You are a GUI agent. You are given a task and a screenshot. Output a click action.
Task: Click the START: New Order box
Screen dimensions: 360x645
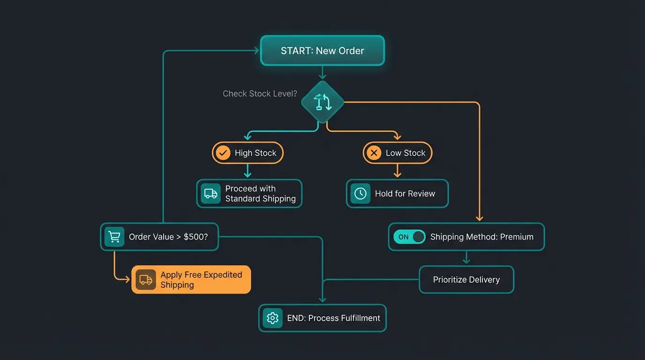click(322, 51)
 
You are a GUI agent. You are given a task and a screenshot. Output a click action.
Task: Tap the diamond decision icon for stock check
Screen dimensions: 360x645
click(322, 102)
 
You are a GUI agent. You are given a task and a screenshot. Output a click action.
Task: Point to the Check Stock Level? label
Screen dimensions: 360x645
click(260, 94)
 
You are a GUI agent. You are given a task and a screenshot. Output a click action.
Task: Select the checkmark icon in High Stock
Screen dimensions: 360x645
click(223, 153)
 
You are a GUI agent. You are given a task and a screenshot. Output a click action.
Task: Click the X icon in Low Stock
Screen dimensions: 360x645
click(374, 153)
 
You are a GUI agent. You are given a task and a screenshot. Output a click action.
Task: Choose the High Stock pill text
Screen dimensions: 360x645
click(255, 153)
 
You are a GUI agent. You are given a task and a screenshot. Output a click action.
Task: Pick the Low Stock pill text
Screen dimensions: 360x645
click(405, 153)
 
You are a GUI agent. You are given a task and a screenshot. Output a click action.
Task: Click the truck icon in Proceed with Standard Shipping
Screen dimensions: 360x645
click(211, 194)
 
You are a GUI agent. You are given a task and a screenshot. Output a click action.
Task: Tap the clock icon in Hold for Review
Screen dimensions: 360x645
click(360, 194)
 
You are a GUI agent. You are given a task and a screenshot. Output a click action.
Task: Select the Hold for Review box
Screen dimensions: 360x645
click(397, 194)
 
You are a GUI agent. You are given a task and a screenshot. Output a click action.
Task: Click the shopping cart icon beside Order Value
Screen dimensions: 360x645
click(114, 237)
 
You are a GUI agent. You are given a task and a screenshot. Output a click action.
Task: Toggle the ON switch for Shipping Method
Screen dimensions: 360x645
click(409, 237)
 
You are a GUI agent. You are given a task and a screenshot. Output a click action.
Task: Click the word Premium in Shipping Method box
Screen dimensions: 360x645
click(517, 237)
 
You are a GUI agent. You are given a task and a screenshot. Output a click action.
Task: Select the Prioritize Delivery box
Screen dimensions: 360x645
click(466, 280)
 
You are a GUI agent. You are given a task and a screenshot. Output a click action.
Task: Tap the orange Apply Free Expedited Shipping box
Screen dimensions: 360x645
click(191, 280)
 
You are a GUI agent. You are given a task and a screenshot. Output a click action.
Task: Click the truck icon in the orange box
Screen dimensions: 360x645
click(146, 280)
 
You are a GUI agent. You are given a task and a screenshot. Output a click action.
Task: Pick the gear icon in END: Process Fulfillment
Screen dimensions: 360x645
click(272, 318)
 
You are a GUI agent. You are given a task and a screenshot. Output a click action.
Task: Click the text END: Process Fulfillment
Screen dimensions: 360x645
click(333, 318)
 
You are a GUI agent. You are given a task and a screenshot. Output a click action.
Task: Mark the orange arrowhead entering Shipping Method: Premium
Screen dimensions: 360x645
click(479, 218)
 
